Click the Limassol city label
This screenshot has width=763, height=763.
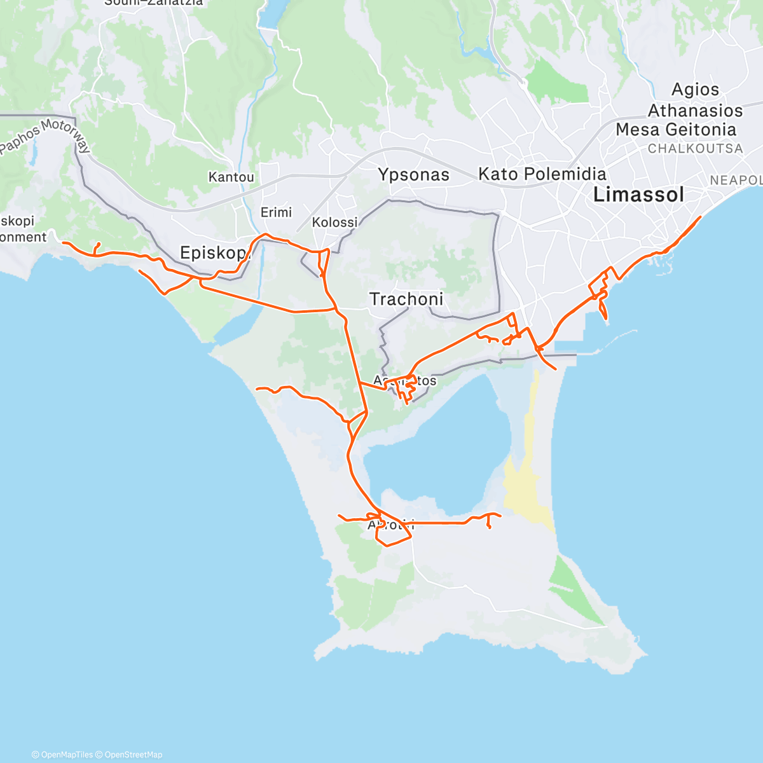(638, 195)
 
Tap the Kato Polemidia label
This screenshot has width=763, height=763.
(542, 174)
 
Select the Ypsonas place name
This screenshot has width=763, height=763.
(413, 175)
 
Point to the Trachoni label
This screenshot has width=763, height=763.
(406, 299)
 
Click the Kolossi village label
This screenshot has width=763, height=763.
(334, 223)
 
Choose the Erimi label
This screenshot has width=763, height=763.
(276, 212)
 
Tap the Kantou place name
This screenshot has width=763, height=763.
(231, 177)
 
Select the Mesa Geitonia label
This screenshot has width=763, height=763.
(676, 130)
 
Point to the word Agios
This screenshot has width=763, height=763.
(696, 90)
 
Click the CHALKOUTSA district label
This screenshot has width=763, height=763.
(695, 149)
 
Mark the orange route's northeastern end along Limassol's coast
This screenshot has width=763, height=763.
(700, 217)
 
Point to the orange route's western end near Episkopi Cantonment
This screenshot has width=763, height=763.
(64, 242)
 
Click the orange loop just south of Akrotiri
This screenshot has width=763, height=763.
(394, 539)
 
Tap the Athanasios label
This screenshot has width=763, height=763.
(695, 111)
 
